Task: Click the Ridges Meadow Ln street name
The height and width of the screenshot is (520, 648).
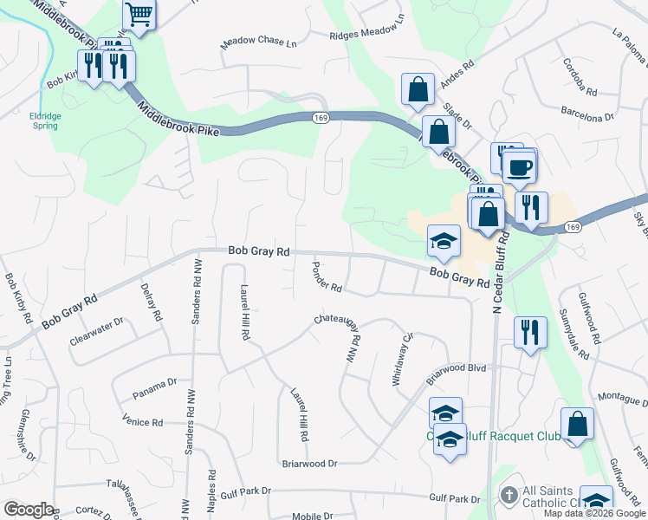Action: (x=367, y=36)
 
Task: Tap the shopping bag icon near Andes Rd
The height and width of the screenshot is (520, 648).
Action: (x=418, y=89)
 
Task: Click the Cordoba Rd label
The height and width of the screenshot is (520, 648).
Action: (x=580, y=77)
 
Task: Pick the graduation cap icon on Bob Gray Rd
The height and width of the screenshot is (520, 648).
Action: (x=444, y=242)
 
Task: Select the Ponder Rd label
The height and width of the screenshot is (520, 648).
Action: (x=327, y=277)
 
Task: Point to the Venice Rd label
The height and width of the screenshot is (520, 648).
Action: (x=143, y=422)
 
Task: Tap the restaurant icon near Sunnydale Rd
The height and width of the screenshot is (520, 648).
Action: (x=530, y=332)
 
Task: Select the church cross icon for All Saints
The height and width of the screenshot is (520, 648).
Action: (x=509, y=496)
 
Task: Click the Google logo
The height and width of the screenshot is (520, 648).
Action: (x=29, y=510)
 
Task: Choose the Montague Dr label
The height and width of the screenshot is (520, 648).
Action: (x=621, y=400)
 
